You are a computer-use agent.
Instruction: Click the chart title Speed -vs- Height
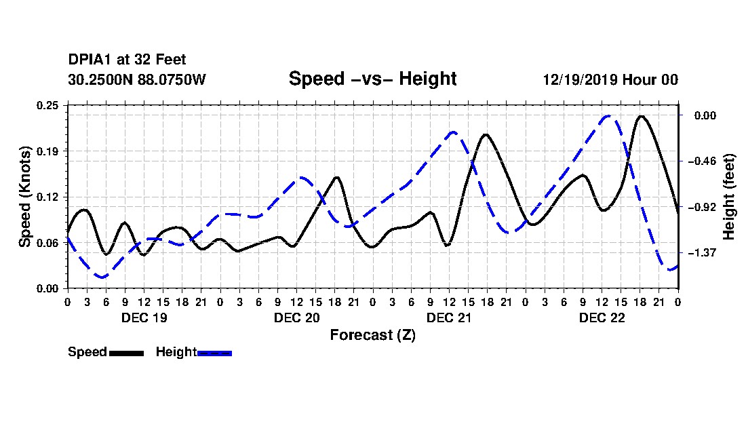[372, 79]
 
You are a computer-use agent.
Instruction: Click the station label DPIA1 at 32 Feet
[127, 60]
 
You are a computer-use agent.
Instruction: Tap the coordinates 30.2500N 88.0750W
[137, 79]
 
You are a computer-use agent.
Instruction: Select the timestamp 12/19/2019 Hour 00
[610, 79]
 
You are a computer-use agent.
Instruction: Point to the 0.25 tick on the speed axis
[47, 105]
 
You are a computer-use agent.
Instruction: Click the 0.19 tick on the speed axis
[47, 151]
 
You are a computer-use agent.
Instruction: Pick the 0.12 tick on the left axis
[47, 197]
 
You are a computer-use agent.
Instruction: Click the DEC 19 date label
[144, 318]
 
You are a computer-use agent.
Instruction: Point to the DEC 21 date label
[449, 318]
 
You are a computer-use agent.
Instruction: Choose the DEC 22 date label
[602, 318]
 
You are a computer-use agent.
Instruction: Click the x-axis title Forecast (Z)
[372, 335]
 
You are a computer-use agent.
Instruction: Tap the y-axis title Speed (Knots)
[25, 197]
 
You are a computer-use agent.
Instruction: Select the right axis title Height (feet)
[729, 197]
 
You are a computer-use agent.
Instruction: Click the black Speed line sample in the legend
[127, 353]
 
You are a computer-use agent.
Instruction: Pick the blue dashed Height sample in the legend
[214, 353]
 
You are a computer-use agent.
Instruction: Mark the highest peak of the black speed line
[642, 116]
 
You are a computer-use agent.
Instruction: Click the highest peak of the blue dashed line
[608, 116]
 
